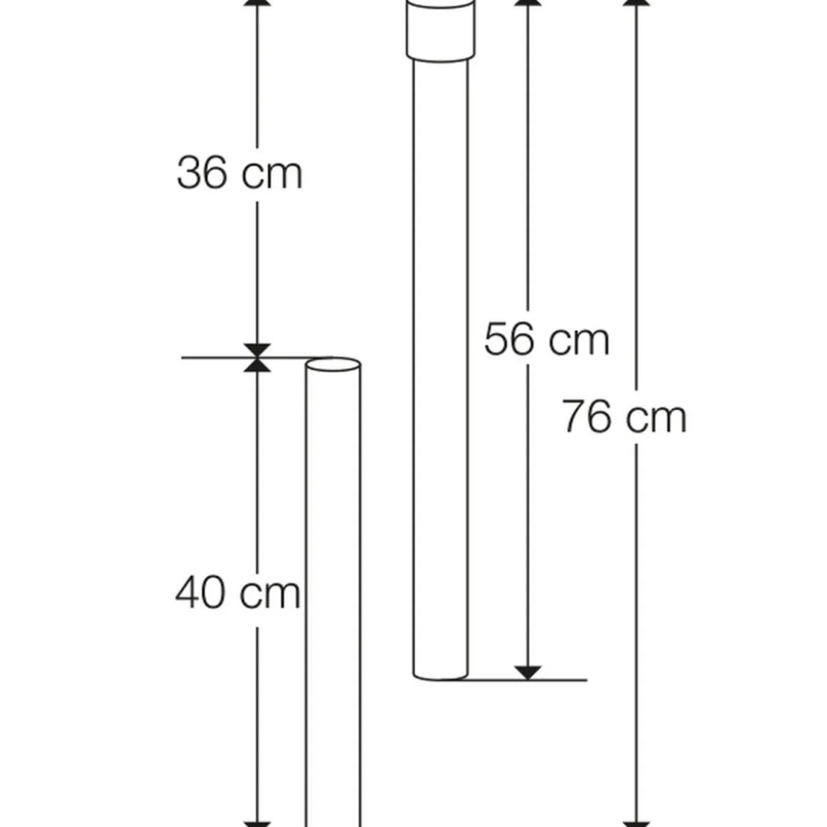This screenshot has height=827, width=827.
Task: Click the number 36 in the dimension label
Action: [202, 173]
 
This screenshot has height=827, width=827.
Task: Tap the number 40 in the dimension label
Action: [200, 592]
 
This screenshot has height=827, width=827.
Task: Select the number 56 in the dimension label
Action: [509, 339]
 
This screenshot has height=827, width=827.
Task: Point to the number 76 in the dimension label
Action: [587, 416]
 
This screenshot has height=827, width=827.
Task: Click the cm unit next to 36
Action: [272, 175]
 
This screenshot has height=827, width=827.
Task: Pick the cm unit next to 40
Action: [270, 595]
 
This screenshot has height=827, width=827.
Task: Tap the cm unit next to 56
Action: [579, 341]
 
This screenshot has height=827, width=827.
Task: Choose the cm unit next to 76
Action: [656, 418]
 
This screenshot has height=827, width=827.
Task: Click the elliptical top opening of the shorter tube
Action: [334, 364]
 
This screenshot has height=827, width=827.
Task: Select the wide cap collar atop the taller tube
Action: [441, 31]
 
